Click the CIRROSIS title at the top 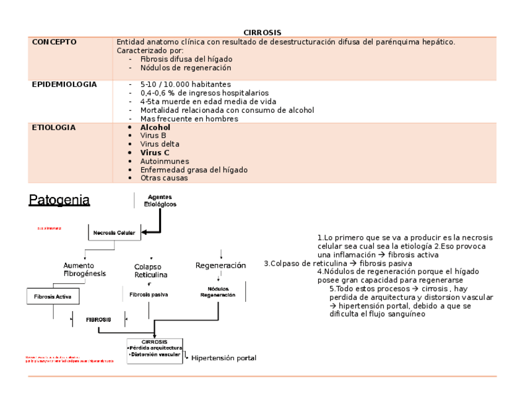(262, 32)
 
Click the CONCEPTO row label (54, 42)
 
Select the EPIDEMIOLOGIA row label (64, 84)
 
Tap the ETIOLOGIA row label (54, 128)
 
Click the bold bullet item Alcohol (155, 128)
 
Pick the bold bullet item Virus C (155, 152)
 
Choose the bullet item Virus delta (160, 144)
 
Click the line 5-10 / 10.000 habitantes (185, 84)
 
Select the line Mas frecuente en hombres (189, 118)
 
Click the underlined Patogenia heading (59, 200)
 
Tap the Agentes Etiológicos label (160, 200)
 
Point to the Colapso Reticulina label (150, 271)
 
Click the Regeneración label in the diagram (220, 265)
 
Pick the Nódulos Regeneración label (218, 292)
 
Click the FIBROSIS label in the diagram (98, 320)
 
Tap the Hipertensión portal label (223, 358)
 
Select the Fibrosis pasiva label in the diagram (149, 294)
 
